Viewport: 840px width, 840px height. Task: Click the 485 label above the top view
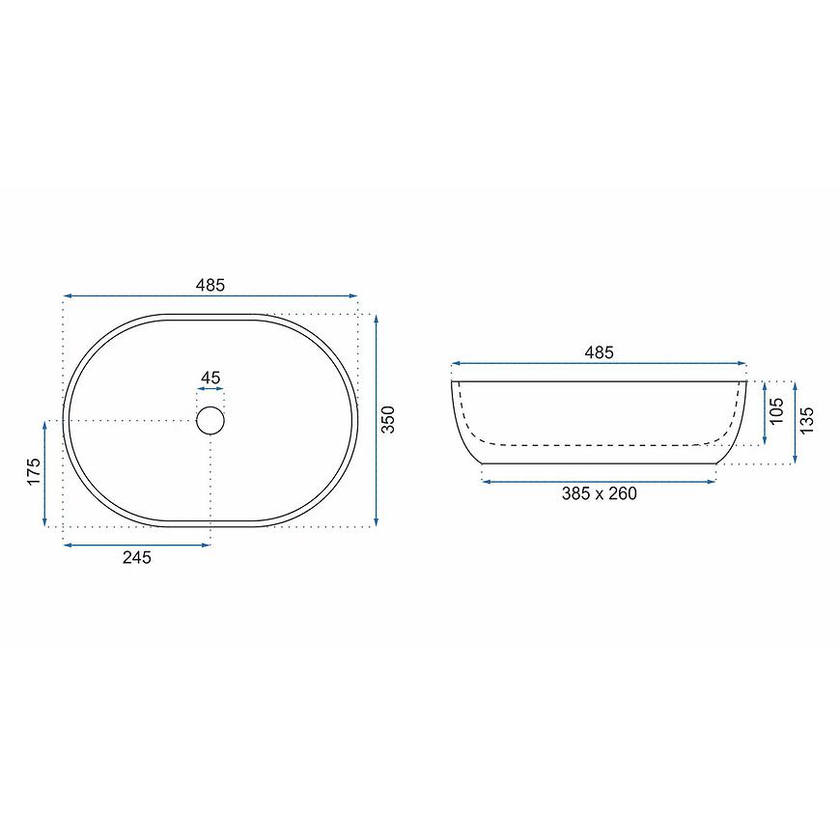[210, 285]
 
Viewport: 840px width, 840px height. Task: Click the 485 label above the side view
[599, 352]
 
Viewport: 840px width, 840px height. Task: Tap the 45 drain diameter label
[210, 378]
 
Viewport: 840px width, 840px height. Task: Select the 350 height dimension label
[388, 419]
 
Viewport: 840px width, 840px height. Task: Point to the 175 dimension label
[33, 471]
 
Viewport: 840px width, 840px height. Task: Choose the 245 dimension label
[137, 558]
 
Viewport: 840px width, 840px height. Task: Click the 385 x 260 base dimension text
[599, 493]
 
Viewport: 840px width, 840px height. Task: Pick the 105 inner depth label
[776, 411]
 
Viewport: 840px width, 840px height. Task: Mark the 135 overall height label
[806, 421]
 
